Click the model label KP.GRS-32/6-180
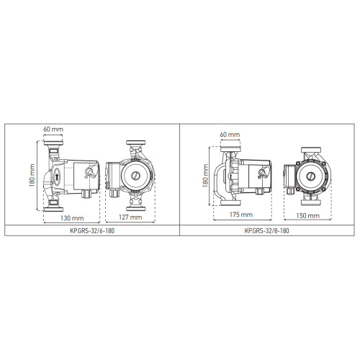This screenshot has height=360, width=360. click(92, 230)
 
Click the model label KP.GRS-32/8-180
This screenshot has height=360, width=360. click(266, 230)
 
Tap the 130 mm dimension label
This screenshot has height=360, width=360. click(72, 218)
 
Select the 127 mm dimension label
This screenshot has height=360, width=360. click(130, 217)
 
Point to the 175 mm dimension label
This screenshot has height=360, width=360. click(241, 215)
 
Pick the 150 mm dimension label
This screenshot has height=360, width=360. click(307, 215)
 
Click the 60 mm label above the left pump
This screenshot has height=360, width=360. click(53, 129)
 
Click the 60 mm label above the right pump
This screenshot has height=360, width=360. click(230, 135)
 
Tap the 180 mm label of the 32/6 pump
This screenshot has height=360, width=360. click(32, 175)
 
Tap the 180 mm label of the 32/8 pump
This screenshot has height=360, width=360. click(205, 176)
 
